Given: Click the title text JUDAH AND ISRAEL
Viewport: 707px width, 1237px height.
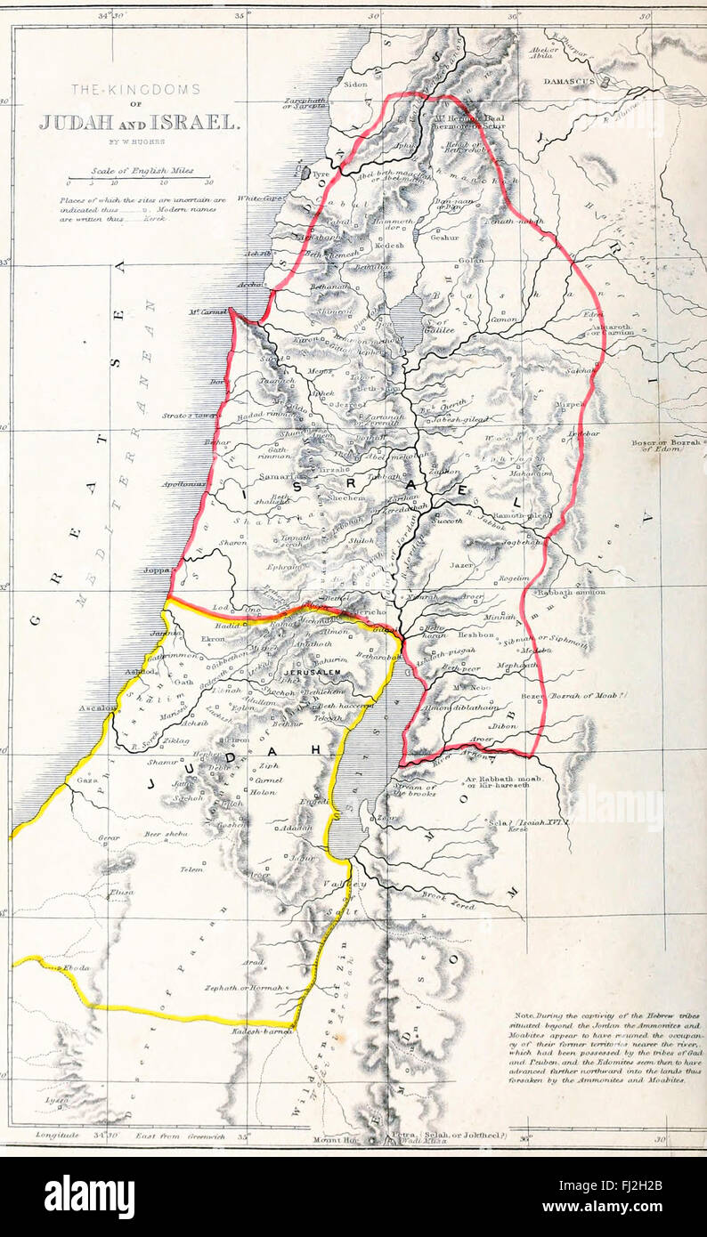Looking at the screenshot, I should (x=138, y=122).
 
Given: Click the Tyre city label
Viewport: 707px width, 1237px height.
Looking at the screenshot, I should (x=321, y=174).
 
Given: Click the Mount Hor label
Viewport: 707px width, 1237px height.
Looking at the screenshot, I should (x=331, y=1138).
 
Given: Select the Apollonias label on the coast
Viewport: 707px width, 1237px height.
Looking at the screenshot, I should (x=185, y=484).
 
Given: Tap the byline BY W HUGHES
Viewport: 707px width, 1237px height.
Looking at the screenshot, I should (x=137, y=142).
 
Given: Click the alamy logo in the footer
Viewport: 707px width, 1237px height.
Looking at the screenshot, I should (x=89, y=1197).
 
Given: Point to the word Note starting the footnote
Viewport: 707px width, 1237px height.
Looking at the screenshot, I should (x=525, y=1015).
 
